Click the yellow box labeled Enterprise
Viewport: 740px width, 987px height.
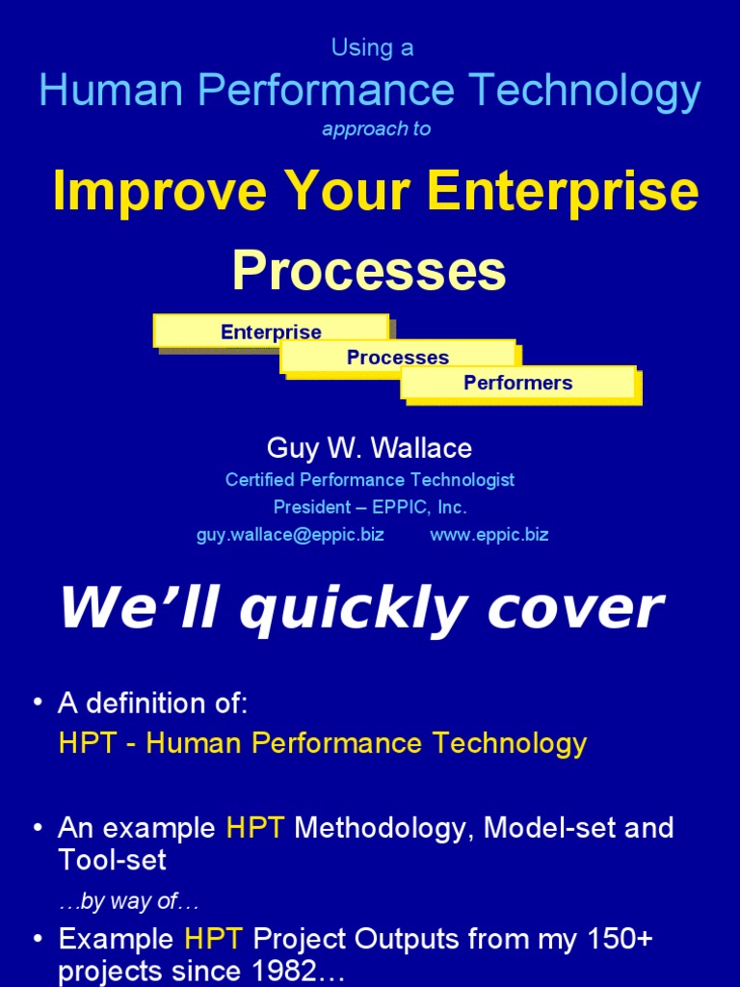pyautogui.click(x=271, y=332)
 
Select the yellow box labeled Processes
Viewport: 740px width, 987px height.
pyautogui.click(x=397, y=358)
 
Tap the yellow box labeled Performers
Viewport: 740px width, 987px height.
pyautogui.click(x=517, y=383)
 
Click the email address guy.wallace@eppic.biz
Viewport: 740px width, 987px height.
pyautogui.click(x=290, y=534)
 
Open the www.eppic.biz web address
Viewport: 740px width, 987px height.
pyautogui.click(x=489, y=534)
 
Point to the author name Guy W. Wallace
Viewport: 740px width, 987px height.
pyautogui.click(x=369, y=448)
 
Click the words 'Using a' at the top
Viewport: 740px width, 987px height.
pyautogui.click(x=372, y=48)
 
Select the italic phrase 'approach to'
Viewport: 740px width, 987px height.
pyautogui.click(x=376, y=129)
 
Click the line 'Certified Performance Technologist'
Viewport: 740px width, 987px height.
pyautogui.click(x=370, y=479)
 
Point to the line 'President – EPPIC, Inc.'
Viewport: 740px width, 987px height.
pyautogui.click(x=370, y=507)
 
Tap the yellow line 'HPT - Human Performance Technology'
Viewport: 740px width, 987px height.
pyautogui.click(x=322, y=743)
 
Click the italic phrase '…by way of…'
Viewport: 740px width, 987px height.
pyautogui.click(x=128, y=902)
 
